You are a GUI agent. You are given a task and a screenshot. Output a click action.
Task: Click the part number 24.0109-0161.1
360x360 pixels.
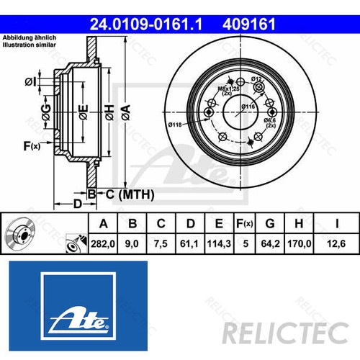148,24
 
